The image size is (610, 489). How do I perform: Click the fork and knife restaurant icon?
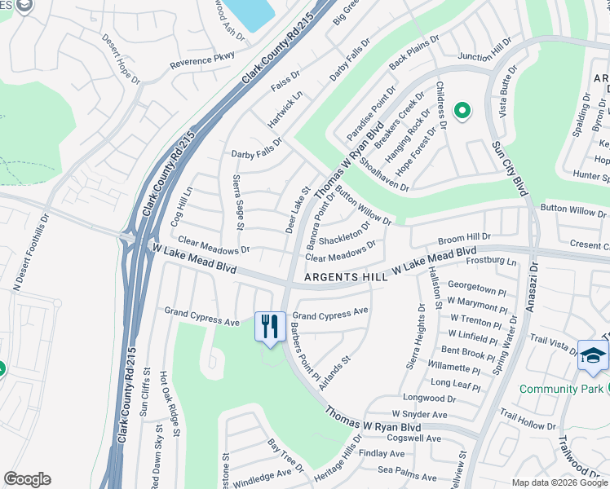tap(270, 327)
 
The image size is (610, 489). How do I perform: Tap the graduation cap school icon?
tap(593, 355)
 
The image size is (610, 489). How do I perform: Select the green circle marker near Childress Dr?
tap(462, 110)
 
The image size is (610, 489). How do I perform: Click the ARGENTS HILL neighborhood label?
tap(346, 277)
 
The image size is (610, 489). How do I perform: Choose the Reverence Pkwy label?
tap(202, 60)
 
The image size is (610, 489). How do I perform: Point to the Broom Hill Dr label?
tap(464, 238)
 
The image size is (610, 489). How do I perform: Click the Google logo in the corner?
tap(27, 479)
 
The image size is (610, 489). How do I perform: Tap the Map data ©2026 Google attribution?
tap(559, 482)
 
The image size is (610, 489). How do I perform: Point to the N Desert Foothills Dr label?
tap(25, 252)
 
